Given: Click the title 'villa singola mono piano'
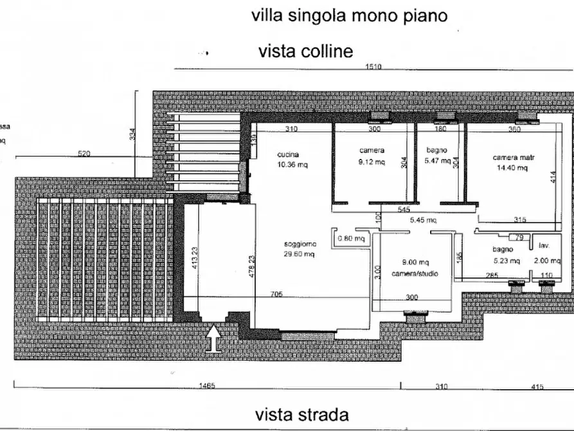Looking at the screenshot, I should pyautogui.click(x=349, y=15).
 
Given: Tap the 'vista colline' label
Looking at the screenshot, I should pyautogui.click(x=305, y=51).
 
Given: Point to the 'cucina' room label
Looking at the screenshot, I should pyautogui.click(x=287, y=154).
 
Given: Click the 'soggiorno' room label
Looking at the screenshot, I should pyautogui.click(x=300, y=244).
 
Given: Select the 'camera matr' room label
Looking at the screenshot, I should pyautogui.click(x=514, y=158).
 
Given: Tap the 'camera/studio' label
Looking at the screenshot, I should pyautogui.click(x=415, y=273).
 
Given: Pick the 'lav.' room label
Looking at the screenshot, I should pyautogui.click(x=544, y=246).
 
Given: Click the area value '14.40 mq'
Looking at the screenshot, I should pyautogui.click(x=512, y=168).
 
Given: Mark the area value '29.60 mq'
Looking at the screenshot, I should pyautogui.click(x=300, y=254).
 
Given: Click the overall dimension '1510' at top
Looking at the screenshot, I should pyautogui.click(x=373, y=67).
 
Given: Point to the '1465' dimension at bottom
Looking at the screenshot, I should pyautogui.click(x=206, y=387).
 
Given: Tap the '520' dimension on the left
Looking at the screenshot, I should pyautogui.click(x=84, y=153).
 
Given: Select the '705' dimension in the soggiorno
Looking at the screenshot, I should pyautogui.click(x=276, y=295).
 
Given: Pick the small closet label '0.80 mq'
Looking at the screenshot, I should pyautogui.click(x=352, y=239).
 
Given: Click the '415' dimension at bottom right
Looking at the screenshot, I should pyautogui.click(x=537, y=387).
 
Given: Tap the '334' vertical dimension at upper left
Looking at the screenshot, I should pyautogui.click(x=132, y=134).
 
